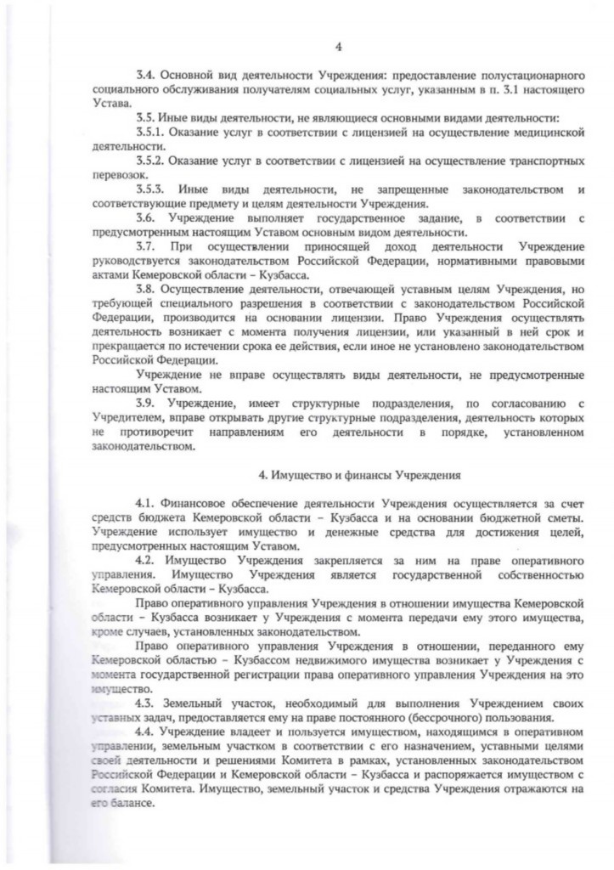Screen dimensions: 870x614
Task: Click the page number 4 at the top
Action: (338, 47)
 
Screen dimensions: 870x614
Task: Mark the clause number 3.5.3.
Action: (151, 188)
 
